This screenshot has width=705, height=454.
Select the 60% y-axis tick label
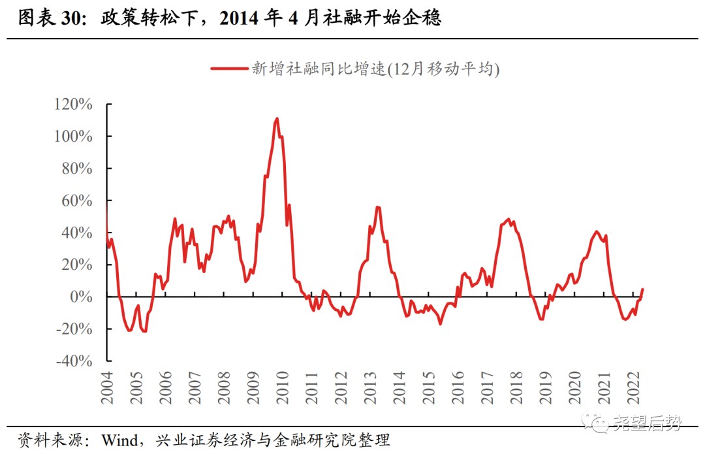(79, 201)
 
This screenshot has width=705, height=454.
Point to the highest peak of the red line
(277, 119)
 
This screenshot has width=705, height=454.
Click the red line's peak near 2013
(377, 207)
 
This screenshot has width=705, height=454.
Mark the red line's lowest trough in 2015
(440, 323)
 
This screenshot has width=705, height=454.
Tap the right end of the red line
(643, 289)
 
